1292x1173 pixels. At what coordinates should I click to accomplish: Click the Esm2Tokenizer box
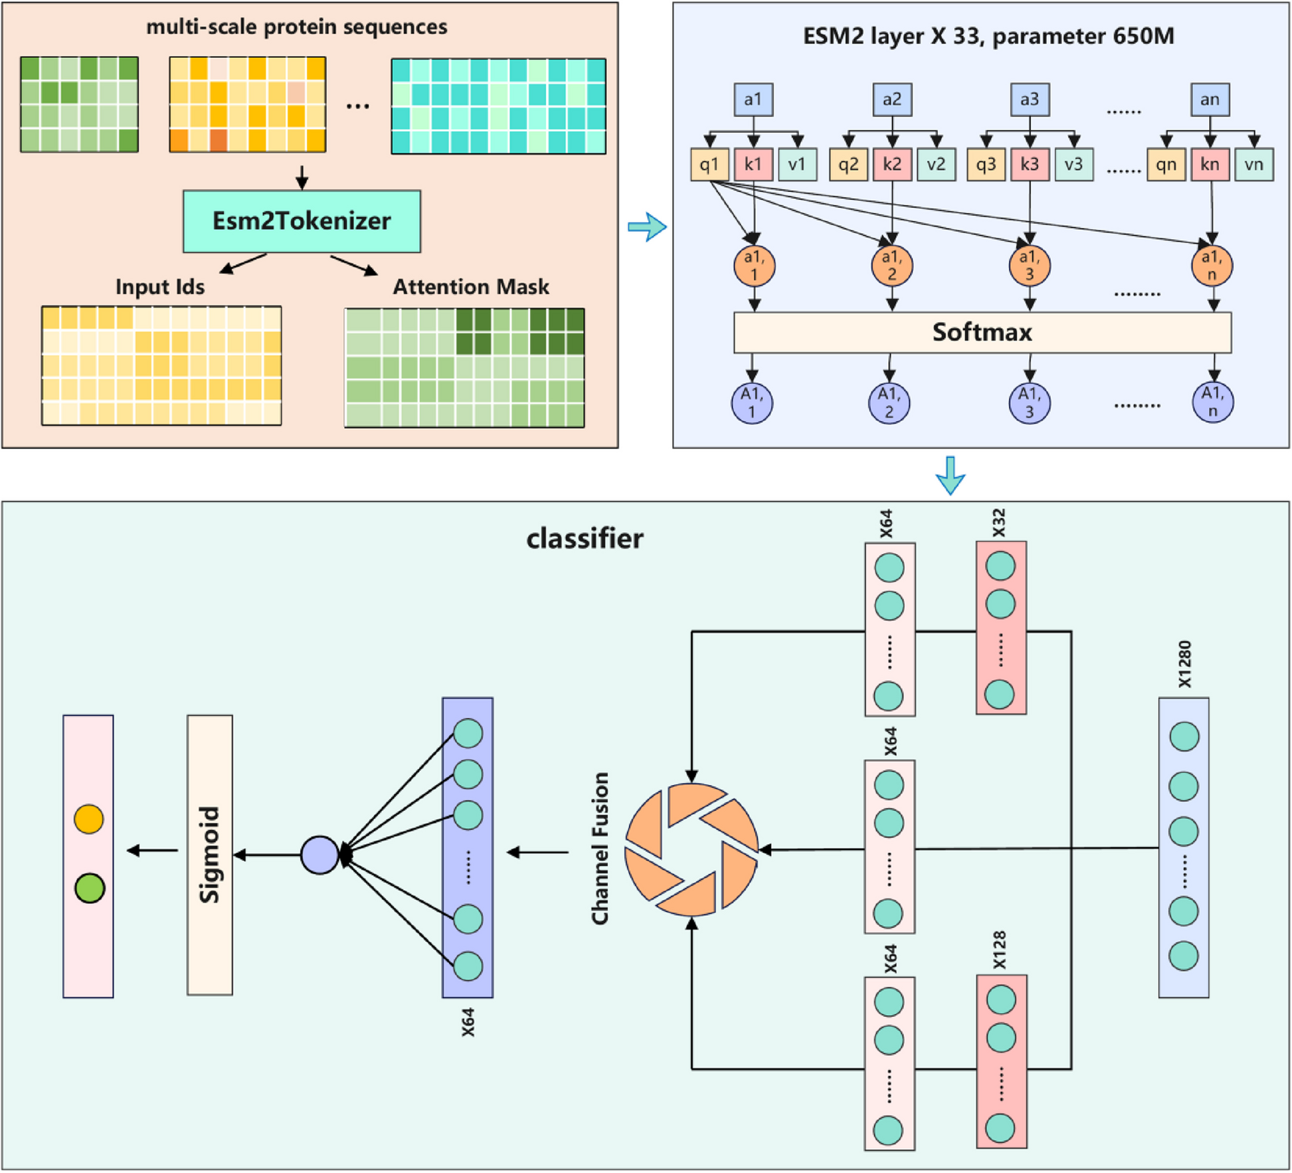pyautogui.click(x=302, y=221)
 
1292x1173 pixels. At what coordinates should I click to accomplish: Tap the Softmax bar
pyautogui.click(x=982, y=332)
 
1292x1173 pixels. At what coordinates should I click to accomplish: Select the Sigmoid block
pyautogui.click(x=209, y=854)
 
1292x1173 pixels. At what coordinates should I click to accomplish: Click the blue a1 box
pyautogui.click(x=753, y=100)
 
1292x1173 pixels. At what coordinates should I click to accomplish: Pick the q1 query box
pyautogui.click(x=709, y=164)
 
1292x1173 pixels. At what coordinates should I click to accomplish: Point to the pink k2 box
pyautogui.click(x=891, y=164)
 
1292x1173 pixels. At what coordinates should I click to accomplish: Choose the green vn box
pyautogui.click(x=1253, y=164)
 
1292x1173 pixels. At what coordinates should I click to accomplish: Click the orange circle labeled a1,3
pyautogui.click(x=1029, y=266)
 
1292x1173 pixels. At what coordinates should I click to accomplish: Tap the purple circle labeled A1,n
pyautogui.click(x=1212, y=403)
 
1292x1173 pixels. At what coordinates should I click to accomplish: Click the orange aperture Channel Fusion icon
pyautogui.click(x=692, y=850)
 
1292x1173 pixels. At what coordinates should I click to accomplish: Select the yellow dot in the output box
pyautogui.click(x=89, y=819)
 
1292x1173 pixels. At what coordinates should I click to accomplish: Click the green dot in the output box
pyautogui.click(x=90, y=888)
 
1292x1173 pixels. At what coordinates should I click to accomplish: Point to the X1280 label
pyautogui.click(x=1184, y=664)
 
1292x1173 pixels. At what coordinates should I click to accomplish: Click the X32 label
pyautogui.click(x=999, y=523)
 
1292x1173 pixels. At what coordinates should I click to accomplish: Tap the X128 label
pyautogui.click(x=1000, y=950)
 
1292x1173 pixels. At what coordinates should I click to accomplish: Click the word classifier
pyautogui.click(x=585, y=539)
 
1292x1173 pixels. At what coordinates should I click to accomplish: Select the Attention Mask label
pyautogui.click(x=471, y=287)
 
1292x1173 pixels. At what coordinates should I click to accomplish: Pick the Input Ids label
pyautogui.click(x=160, y=287)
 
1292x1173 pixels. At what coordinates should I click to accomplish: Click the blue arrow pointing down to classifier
pyautogui.click(x=950, y=475)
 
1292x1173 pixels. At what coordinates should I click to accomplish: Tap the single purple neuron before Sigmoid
pyautogui.click(x=320, y=855)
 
